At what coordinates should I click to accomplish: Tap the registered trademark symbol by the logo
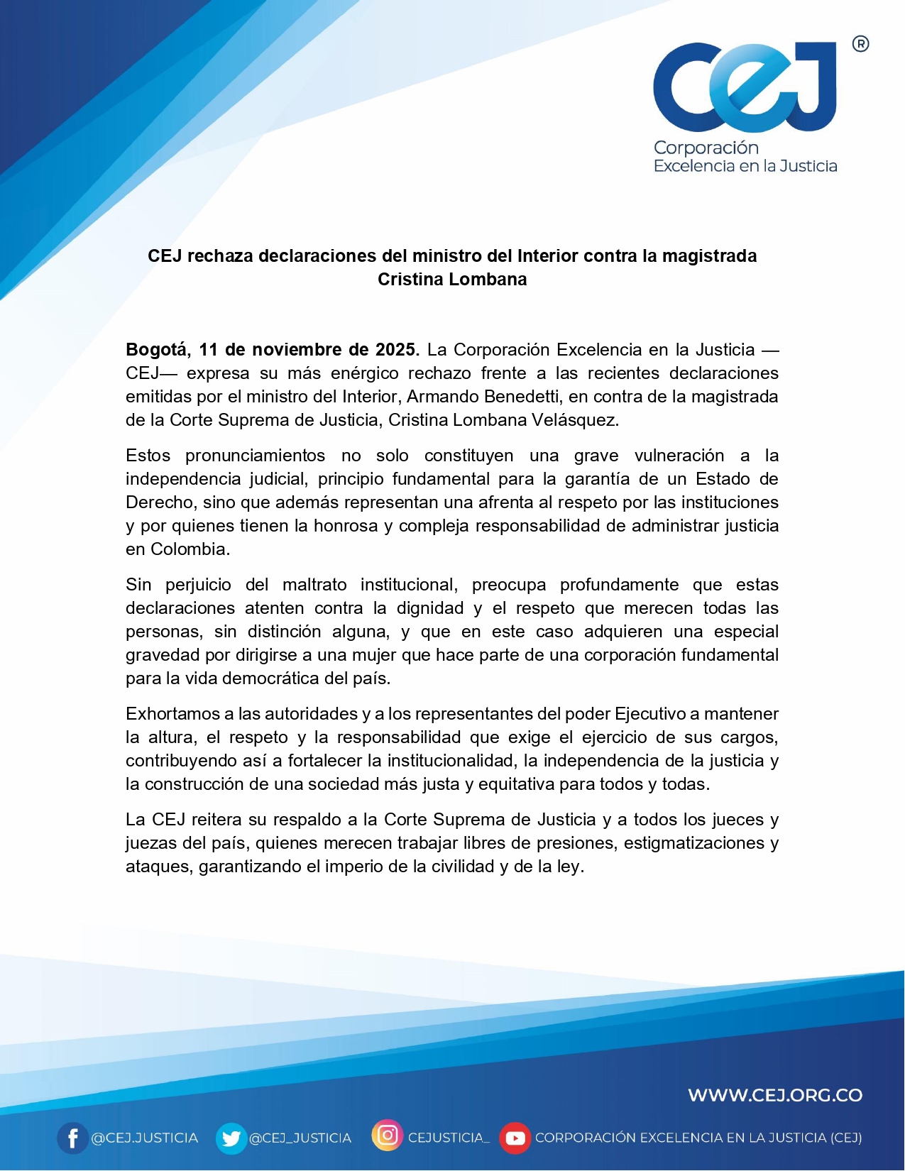[860, 44]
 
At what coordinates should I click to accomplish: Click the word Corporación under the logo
[706, 148]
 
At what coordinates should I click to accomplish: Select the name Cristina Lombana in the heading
[452, 280]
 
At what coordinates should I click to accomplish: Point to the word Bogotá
[158, 350]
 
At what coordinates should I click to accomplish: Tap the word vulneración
[679, 456]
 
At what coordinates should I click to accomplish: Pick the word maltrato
[314, 585]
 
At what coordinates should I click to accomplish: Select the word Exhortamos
[171, 714]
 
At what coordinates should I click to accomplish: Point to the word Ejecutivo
[650, 714]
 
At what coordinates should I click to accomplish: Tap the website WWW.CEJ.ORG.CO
[775, 1095]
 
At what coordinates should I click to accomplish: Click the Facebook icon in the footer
[72, 1138]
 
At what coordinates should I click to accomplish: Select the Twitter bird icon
[231, 1138]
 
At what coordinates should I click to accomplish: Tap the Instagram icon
[388, 1136]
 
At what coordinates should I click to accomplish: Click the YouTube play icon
[515, 1138]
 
